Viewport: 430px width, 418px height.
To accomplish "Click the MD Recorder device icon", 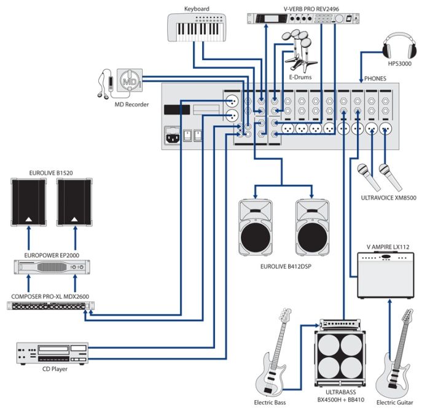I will click(x=128, y=82).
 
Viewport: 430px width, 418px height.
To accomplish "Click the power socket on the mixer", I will click(x=173, y=136).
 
